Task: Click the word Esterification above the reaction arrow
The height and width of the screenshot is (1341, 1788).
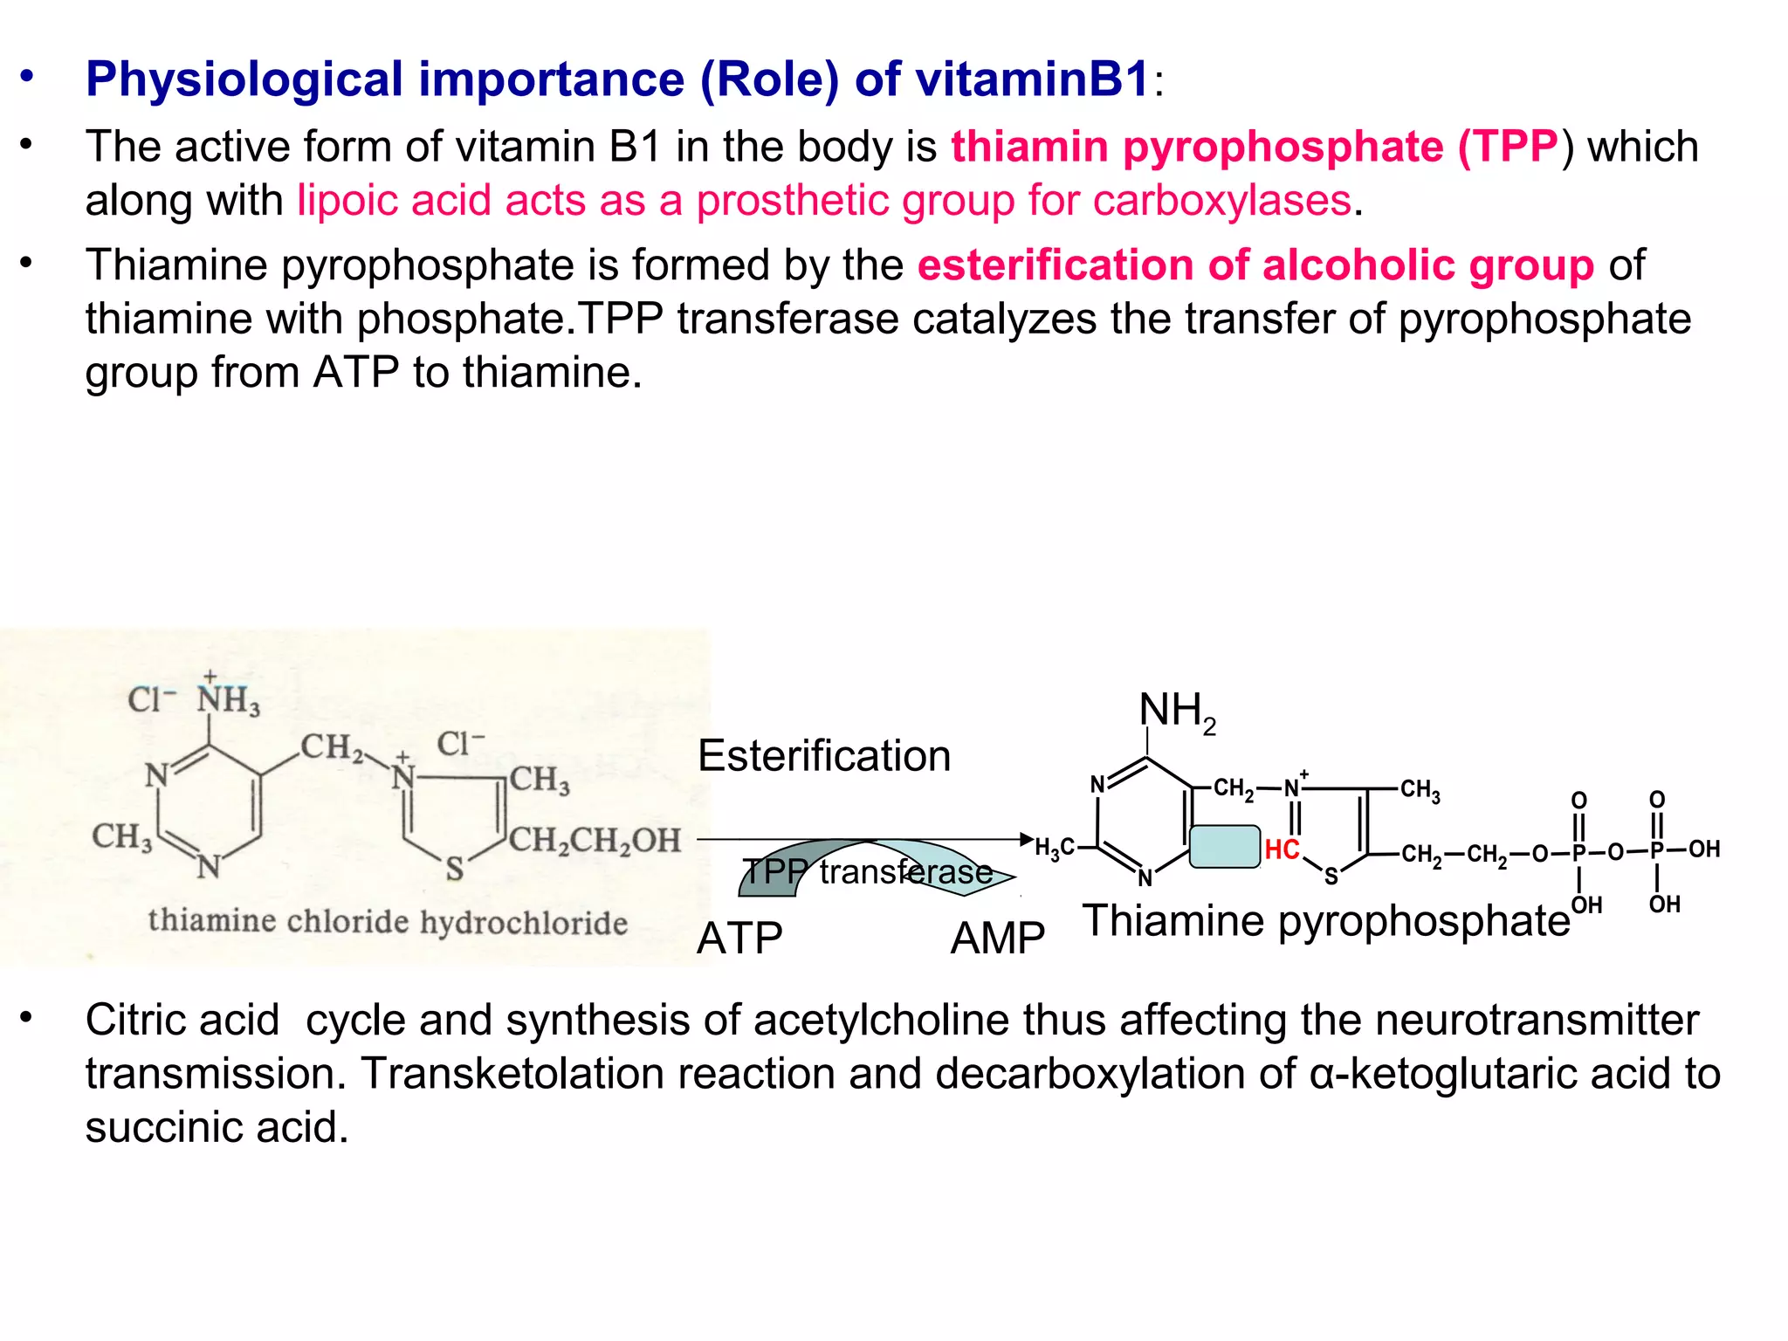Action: (x=823, y=756)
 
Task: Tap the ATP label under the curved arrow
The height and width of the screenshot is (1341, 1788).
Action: (x=739, y=939)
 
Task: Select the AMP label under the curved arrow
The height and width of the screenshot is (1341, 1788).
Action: (x=997, y=939)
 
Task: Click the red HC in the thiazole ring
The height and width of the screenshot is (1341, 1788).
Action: (x=1282, y=849)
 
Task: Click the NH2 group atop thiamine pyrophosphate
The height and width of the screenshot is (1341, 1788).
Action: (x=1176, y=712)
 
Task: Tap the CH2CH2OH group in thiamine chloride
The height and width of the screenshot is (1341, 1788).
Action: (x=595, y=840)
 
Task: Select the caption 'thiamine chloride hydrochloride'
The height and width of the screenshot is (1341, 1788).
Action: (x=388, y=922)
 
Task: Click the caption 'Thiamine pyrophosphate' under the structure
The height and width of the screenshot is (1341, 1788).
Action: (x=1325, y=921)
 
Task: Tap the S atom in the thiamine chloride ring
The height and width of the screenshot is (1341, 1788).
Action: (x=454, y=870)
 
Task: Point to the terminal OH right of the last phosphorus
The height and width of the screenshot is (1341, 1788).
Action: (x=1703, y=849)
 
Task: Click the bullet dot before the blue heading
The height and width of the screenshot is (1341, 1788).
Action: (x=28, y=78)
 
